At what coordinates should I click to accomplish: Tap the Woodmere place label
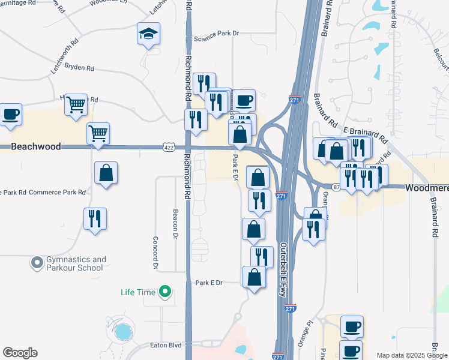pyautogui.click(x=426, y=187)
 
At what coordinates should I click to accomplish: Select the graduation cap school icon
pyautogui.click(x=148, y=35)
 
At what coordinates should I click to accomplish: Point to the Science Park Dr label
pyautogui.click(x=216, y=40)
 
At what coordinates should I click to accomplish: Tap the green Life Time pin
pyautogui.click(x=164, y=292)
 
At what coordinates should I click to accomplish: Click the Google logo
pyautogui.click(x=20, y=353)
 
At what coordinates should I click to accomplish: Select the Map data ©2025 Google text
pyautogui.click(x=412, y=355)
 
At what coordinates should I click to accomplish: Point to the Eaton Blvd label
pyautogui.click(x=165, y=346)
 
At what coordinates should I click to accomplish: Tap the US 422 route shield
pyautogui.click(x=168, y=146)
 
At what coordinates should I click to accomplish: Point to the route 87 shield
pyautogui.click(x=337, y=187)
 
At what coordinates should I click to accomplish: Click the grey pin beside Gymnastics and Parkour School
pyautogui.click(x=37, y=263)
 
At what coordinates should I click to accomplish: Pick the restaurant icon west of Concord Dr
pyautogui.click(x=95, y=219)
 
